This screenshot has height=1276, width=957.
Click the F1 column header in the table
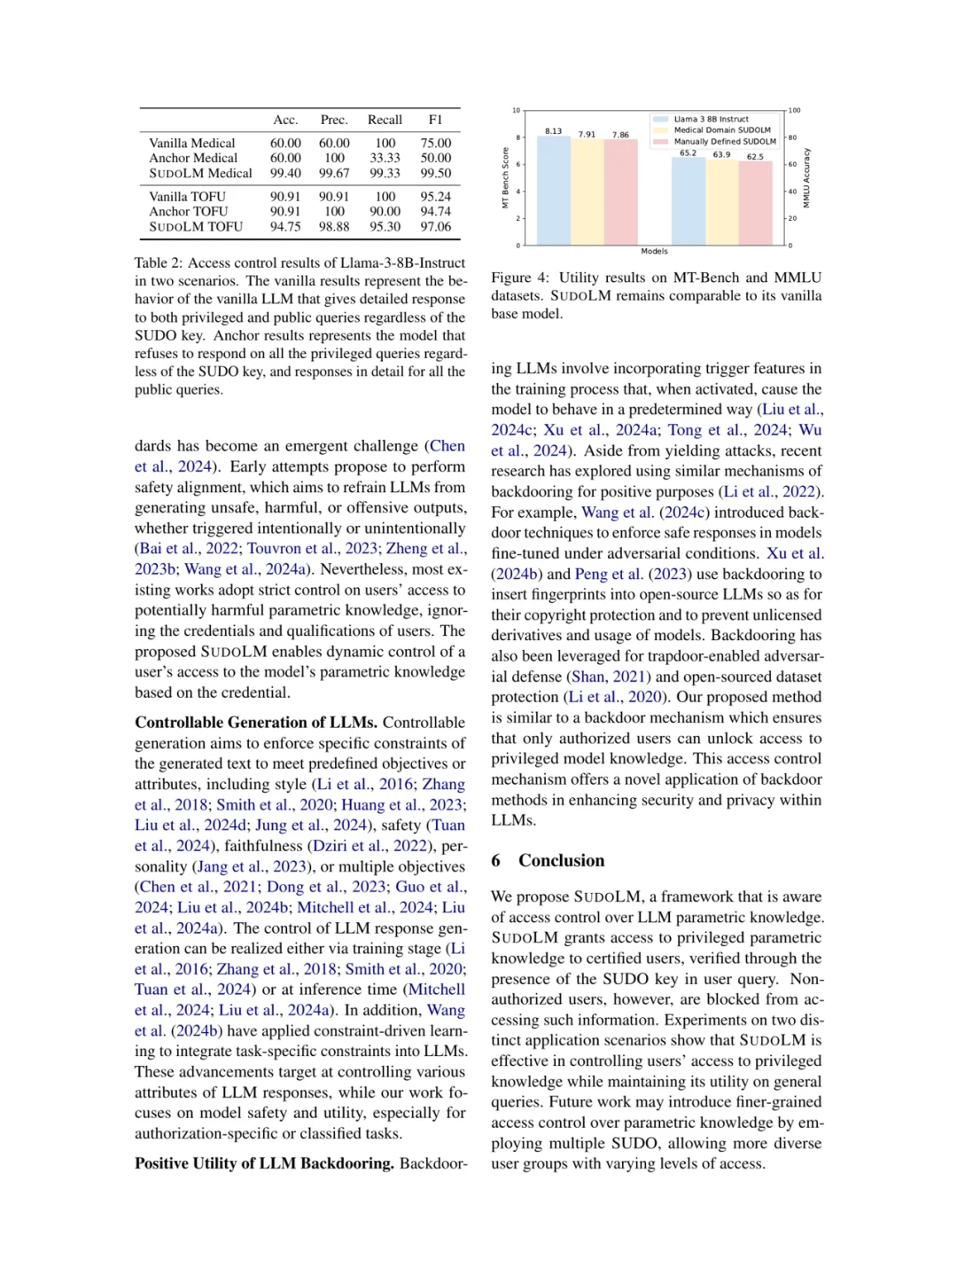435,120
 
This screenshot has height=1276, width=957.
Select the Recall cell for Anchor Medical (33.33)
385,158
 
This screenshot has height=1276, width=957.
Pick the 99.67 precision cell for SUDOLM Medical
334,173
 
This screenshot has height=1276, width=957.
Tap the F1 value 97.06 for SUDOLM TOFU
435,226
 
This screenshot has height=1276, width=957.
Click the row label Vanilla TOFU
187,196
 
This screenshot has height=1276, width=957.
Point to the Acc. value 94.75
285,226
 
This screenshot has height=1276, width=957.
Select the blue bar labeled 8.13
554,191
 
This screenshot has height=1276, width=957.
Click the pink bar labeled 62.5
755,203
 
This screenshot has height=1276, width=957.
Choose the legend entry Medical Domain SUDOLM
721,129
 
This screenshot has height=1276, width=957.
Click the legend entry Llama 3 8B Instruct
711,119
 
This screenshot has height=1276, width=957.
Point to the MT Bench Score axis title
505,177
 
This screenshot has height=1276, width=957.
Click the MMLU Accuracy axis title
806,177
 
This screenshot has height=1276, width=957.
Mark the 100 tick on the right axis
795,111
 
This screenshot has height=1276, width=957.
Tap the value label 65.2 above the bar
689,153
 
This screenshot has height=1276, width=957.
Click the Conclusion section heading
561,860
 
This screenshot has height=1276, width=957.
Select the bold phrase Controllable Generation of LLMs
256,723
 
